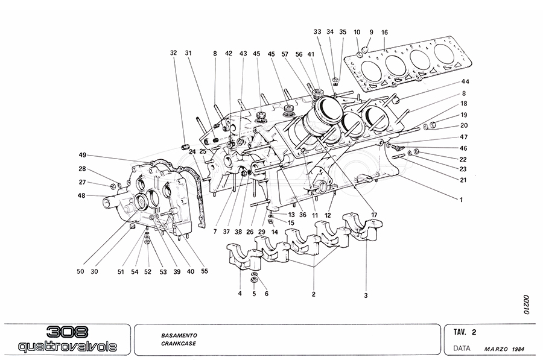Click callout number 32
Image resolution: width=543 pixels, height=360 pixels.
174,52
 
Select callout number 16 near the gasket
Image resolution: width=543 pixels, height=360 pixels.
385,32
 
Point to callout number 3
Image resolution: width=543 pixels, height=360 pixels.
366,296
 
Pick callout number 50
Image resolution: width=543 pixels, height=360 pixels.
80,271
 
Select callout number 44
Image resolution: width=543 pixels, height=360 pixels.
465,81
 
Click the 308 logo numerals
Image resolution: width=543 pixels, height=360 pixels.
66,333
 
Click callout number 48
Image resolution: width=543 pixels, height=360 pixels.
82,195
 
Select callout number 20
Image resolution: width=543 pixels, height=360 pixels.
464,125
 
